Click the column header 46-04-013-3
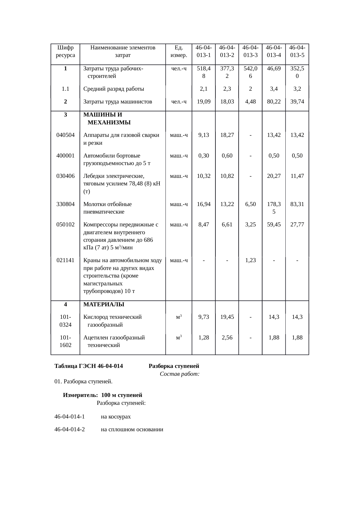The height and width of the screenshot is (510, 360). (250, 51)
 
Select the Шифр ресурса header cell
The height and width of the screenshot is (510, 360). (65, 51)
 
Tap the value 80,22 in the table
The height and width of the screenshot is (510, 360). (274, 102)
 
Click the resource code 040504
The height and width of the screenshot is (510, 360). (65, 135)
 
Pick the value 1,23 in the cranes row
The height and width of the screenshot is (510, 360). (250, 260)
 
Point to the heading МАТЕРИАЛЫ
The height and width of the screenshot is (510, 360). (104, 305)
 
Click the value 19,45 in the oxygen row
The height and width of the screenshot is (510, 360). (227, 317)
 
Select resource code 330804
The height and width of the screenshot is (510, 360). (65, 204)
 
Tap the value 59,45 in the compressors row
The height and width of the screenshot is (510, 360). (274, 225)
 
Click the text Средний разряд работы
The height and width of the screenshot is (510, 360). (114, 89)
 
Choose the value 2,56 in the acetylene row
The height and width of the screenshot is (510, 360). (227, 338)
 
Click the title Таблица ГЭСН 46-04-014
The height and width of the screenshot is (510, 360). (89, 366)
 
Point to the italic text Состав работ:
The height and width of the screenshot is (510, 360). (179, 374)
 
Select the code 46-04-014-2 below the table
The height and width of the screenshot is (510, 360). (70, 430)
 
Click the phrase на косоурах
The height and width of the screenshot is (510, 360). (116, 417)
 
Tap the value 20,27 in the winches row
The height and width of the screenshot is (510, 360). (274, 176)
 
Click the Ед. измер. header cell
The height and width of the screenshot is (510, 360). (179, 51)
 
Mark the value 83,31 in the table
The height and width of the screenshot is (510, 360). (297, 204)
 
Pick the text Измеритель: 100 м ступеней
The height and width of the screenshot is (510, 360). (102, 395)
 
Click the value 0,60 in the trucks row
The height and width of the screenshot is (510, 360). (227, 156)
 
